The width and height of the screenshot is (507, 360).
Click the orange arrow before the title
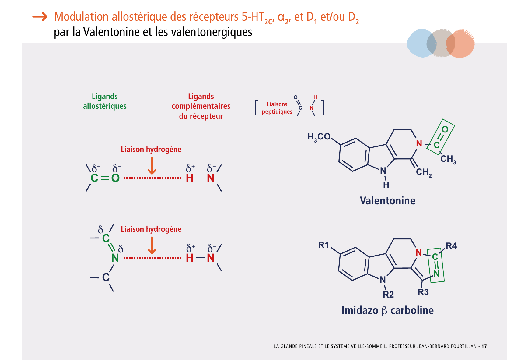click(x=40, y=17)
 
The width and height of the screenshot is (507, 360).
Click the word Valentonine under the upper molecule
click(x=387, y=201)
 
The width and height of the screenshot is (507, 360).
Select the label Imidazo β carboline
click(x=387, y=310)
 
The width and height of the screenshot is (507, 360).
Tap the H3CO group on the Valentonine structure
click(x=319, y=137)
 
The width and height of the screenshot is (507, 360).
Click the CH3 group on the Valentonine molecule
click(x=448, y=159)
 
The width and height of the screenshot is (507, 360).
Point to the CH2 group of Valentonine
click(x=424, y=172)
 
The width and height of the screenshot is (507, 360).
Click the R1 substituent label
click(x=323, y=245)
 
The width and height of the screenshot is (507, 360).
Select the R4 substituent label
click(x=451, y=246)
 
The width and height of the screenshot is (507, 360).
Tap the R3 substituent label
click(x=423, y=292)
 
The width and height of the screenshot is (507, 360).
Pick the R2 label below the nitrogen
click(x=388, y=295)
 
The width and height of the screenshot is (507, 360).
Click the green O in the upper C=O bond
click(x=115, y=178)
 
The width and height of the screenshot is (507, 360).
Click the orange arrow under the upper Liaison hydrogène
click(x=152, y=166)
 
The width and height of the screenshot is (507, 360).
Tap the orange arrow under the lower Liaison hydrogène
click(x=152, y=245)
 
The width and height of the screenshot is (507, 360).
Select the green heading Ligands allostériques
click(x=105, y=101)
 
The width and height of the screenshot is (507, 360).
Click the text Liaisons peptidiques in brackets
click(x=277, y=108)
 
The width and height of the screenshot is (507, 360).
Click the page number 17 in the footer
click(x=484, y=346)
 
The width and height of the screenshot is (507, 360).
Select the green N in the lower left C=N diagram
click(x=115, y=258)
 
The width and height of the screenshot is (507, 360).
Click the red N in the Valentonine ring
click(x=419, y=143)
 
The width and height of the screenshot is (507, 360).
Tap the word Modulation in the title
click(x=81, y=17)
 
